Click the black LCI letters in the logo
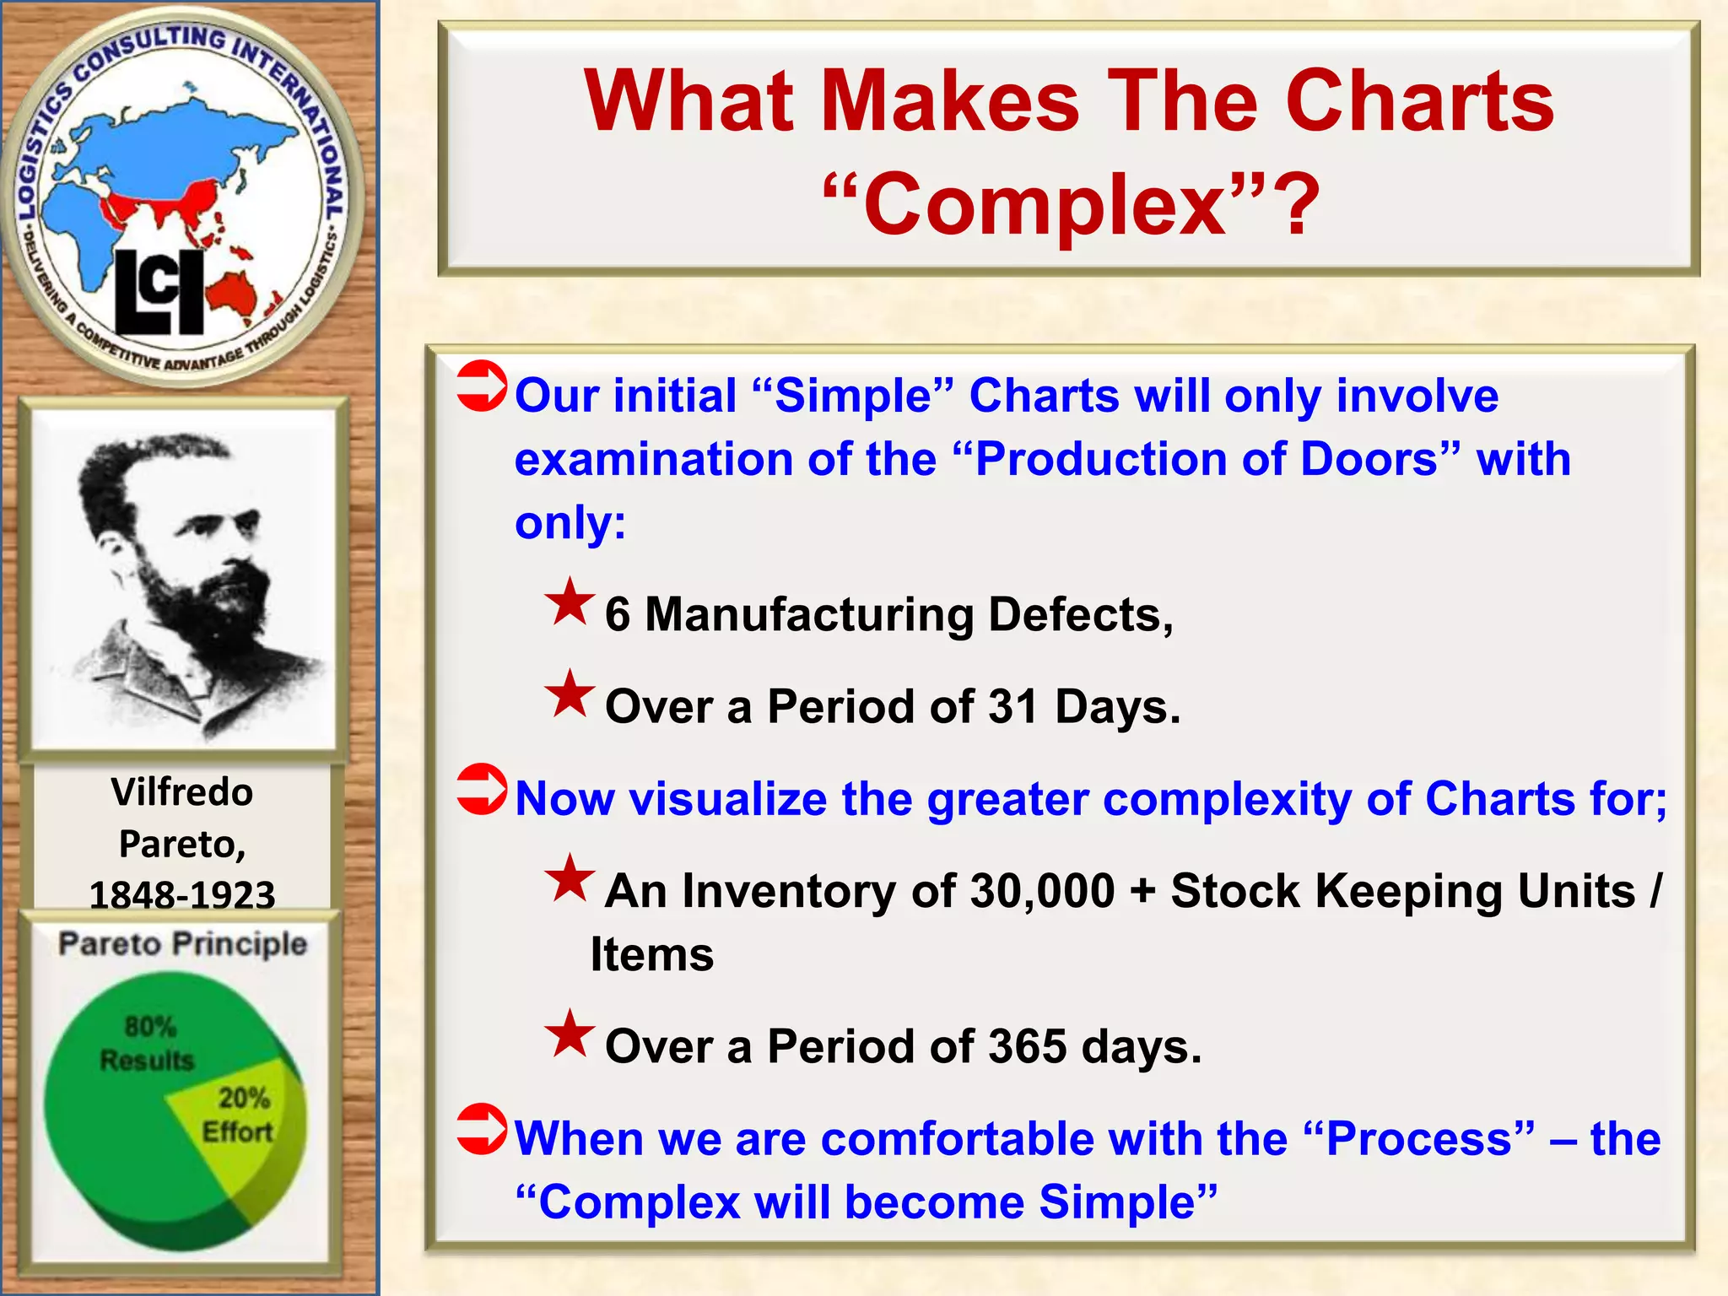pyautogui.click(x=159, y=292)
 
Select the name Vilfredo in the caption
pyautogui.click(x=181, y=792)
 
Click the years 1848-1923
pyautogui.click(x=182, y=894)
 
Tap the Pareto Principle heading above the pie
pyautogui.click(x=182, y=943)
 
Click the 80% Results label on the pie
pyautogui.click(x=148, y=1043)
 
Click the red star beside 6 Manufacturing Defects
pyautogui.click(x=570, y=602)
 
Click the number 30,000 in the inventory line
pyautogui.click(x=1042, y=891)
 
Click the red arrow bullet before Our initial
pyautogui.click(x=482, y=386)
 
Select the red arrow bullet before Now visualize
pyautogui.click(x=482, y=789)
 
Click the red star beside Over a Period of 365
pyautogui.click(x=570, y=1034)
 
